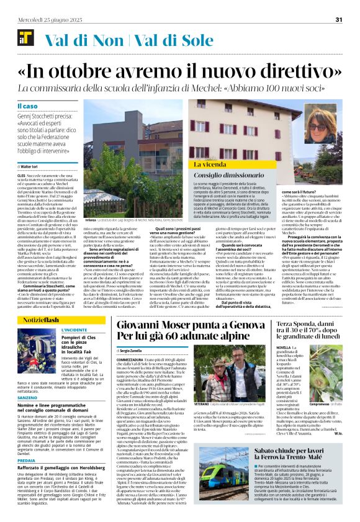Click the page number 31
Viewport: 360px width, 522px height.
[339, 19]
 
